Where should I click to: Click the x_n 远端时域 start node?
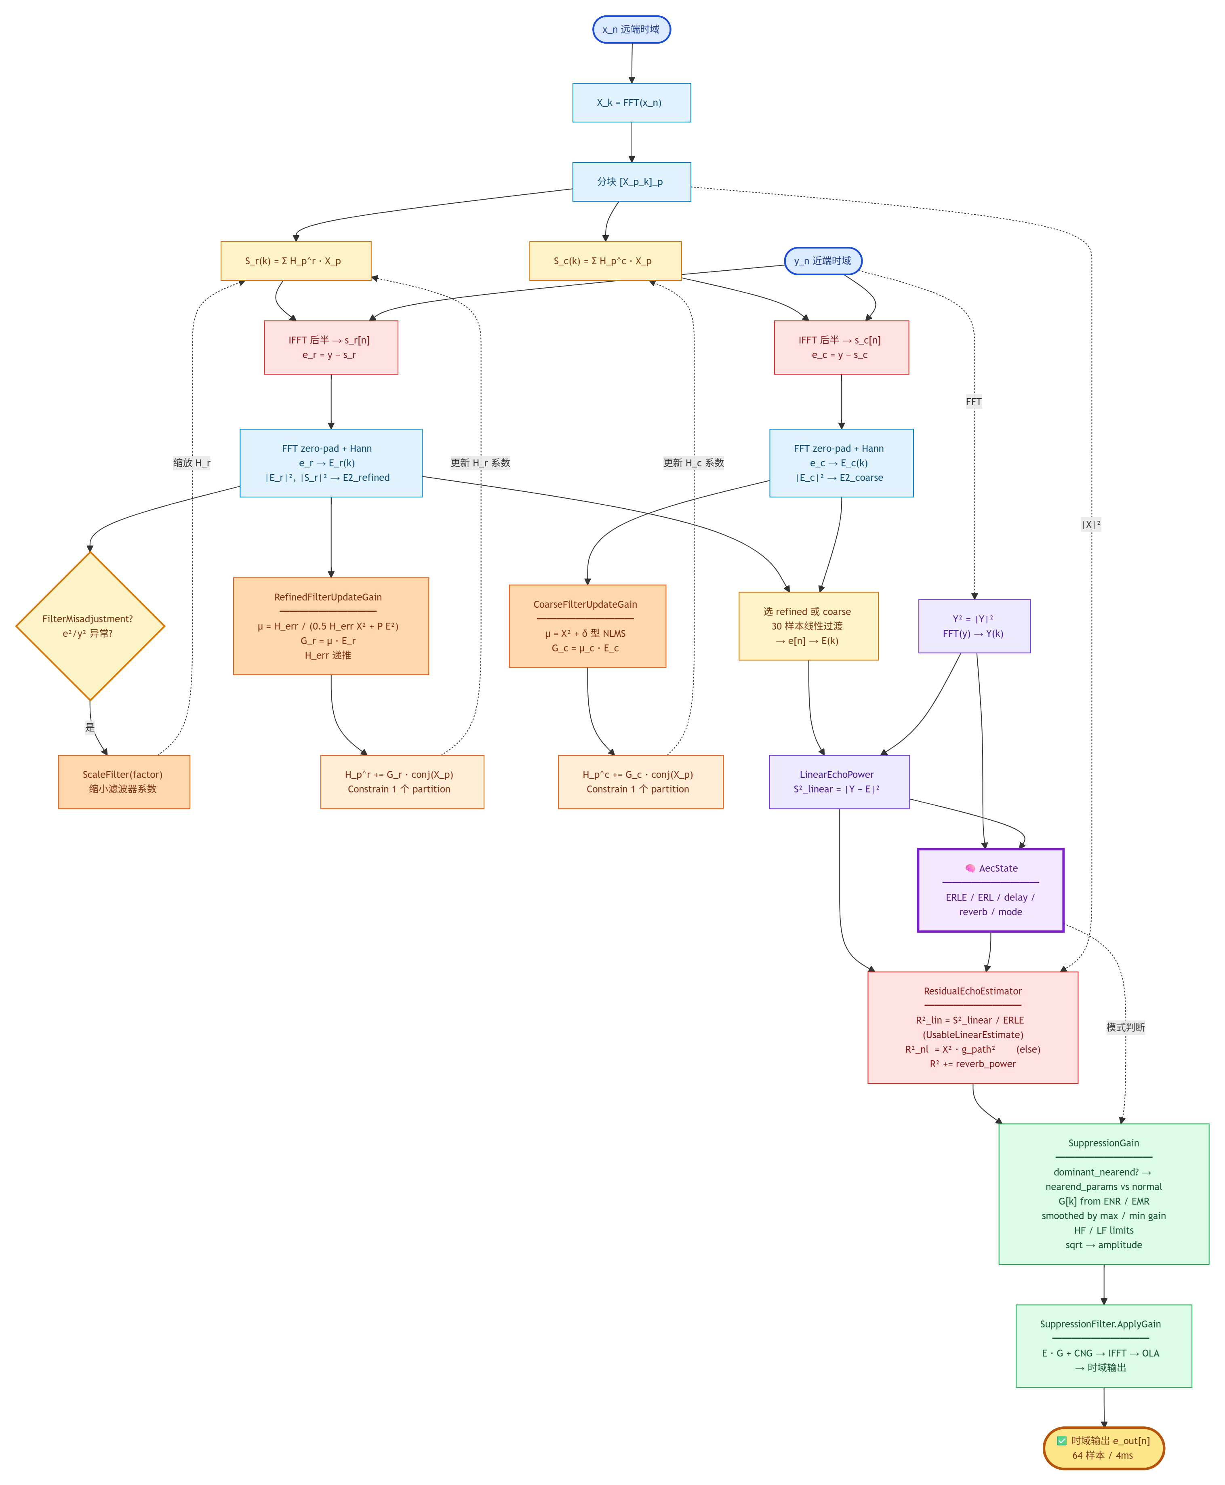(x=631, y=29)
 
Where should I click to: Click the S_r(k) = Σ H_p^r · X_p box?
(x=296, y=261)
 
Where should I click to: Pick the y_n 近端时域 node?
(x=823, y=261)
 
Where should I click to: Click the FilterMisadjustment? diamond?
(x=91, y=626)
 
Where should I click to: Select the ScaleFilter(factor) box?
(x=124, y=782)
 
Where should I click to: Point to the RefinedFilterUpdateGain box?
(x=331, y=626)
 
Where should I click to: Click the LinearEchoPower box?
(x=840, y=782)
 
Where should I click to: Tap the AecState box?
(x=991, y=890)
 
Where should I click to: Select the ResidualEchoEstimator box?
(x=973, y=1028)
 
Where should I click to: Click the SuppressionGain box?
(x=1104, y=1194)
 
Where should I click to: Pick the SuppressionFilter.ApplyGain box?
(x=1104, y=1346)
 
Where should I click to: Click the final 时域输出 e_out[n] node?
(x=1104, y=1448)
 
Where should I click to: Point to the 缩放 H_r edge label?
(x=192, y=463)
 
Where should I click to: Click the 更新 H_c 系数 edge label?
(x=694, y=463)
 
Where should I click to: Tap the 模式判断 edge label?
(x=1126, y=1027)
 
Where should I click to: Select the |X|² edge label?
(x=1091, y=524)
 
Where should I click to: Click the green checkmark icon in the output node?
(x=1062, y=1441)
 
